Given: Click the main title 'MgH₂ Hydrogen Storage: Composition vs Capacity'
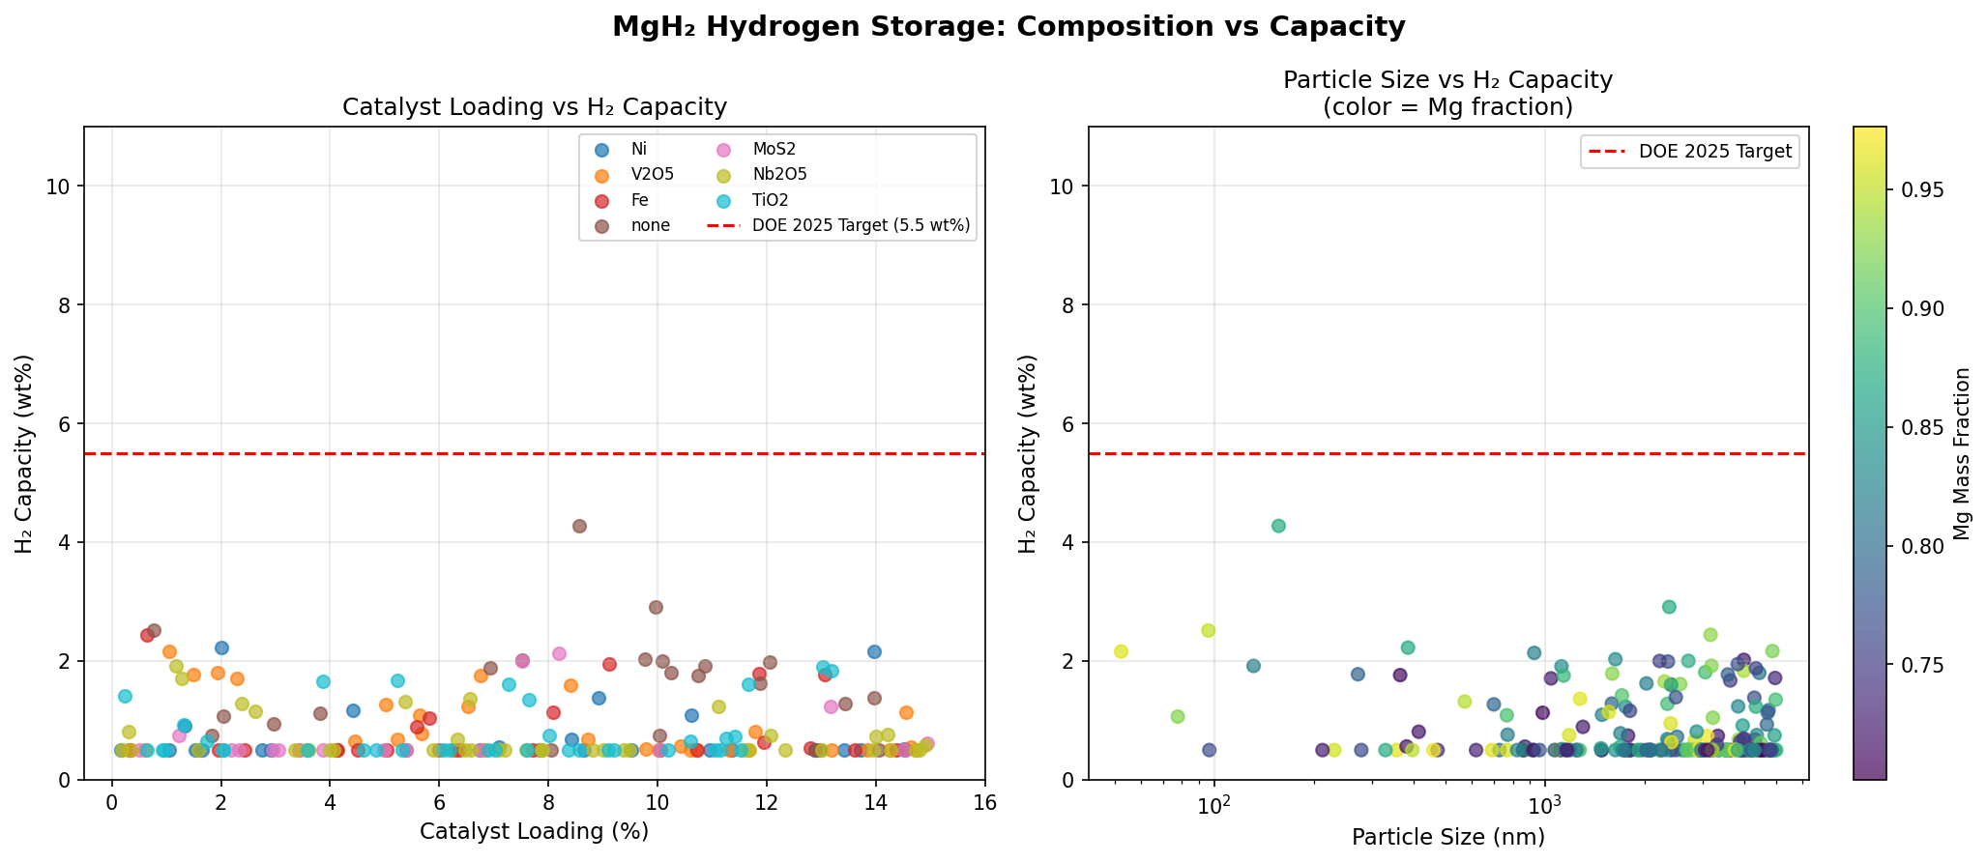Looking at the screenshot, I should pos(1008,27).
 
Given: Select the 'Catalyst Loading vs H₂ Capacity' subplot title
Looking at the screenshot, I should pos(535,107).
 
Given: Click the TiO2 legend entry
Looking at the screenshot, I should pos(772,200).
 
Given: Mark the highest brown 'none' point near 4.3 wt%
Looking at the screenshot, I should pos(579,526).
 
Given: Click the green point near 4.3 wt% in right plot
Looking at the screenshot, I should pos(1278,526).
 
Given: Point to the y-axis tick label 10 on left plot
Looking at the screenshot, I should pos(61,187).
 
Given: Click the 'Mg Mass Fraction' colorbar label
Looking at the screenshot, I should pos(1962,453).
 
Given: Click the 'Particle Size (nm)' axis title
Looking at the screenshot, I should pos(1447,837).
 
